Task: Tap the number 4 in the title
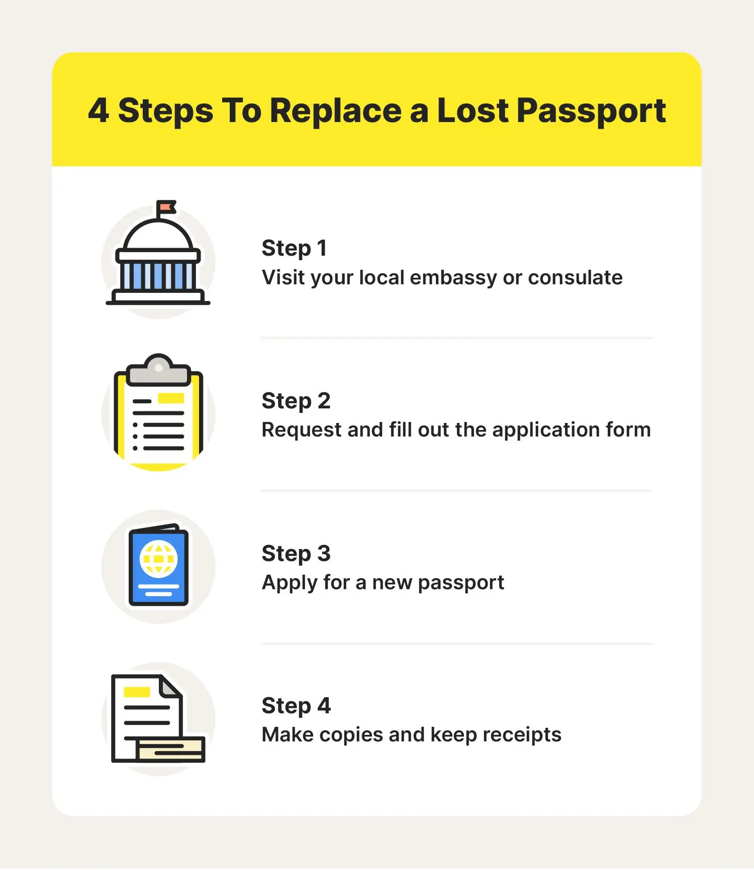tap(99, 111)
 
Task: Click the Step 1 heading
tap(295, 248)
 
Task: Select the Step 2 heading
tap(296, 401)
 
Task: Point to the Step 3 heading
tap(296, 554)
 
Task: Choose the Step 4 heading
tap(296, 706)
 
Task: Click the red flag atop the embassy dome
tap(166, 207)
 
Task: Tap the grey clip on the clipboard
tap(158, 370)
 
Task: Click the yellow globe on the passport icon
tap(158, 559)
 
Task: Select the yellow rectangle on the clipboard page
tap(171, 398)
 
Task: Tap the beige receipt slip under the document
tap(171, 750)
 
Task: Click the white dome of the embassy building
tap(158, 236)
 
